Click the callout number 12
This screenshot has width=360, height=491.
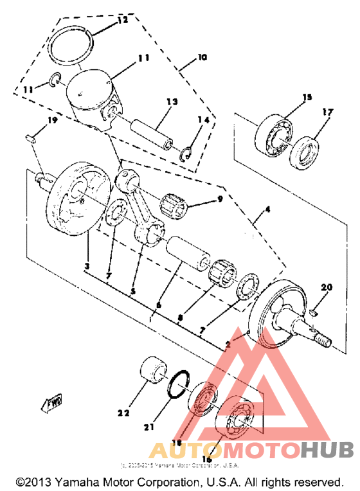[122, 21]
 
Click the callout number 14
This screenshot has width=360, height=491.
[204, 121]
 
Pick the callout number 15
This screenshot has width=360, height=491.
[307, 97]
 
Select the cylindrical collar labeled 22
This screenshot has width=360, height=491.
[153, 371]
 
